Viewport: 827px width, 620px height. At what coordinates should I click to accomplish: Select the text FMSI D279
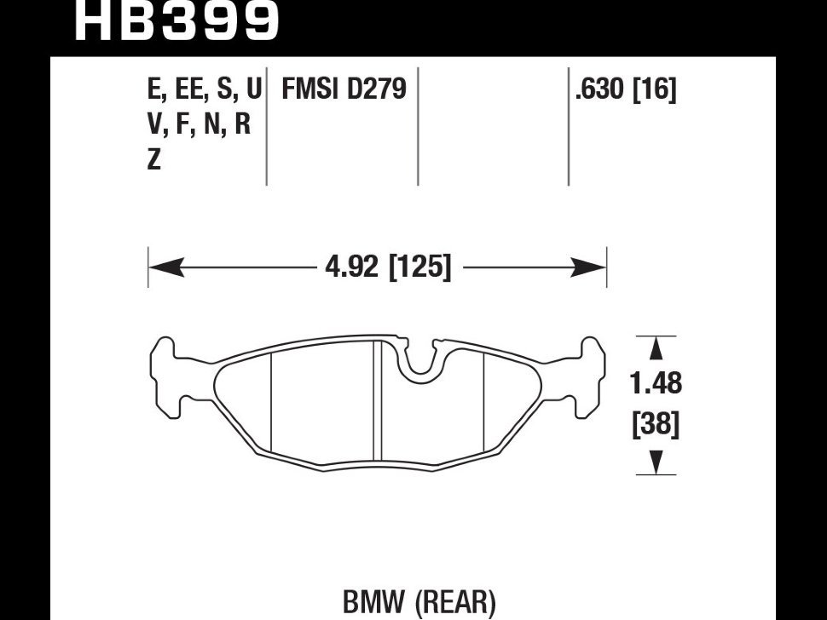tap(344, 89)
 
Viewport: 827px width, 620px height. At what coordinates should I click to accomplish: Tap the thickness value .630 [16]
tap(626, 89)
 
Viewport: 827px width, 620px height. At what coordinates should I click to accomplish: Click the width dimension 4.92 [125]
tap(387, 268)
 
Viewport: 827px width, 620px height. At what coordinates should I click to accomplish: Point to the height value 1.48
tap(656, 383)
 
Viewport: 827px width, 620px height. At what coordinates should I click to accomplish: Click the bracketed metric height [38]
tap(656, 423)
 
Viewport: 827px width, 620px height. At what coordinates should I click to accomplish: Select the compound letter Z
tap(154, 159)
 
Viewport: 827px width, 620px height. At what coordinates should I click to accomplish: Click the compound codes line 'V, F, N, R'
tap(199, 124)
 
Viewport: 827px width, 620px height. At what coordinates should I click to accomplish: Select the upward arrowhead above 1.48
tap(656, 349)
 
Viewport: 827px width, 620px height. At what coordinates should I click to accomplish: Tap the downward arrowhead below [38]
tap(656, 462)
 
